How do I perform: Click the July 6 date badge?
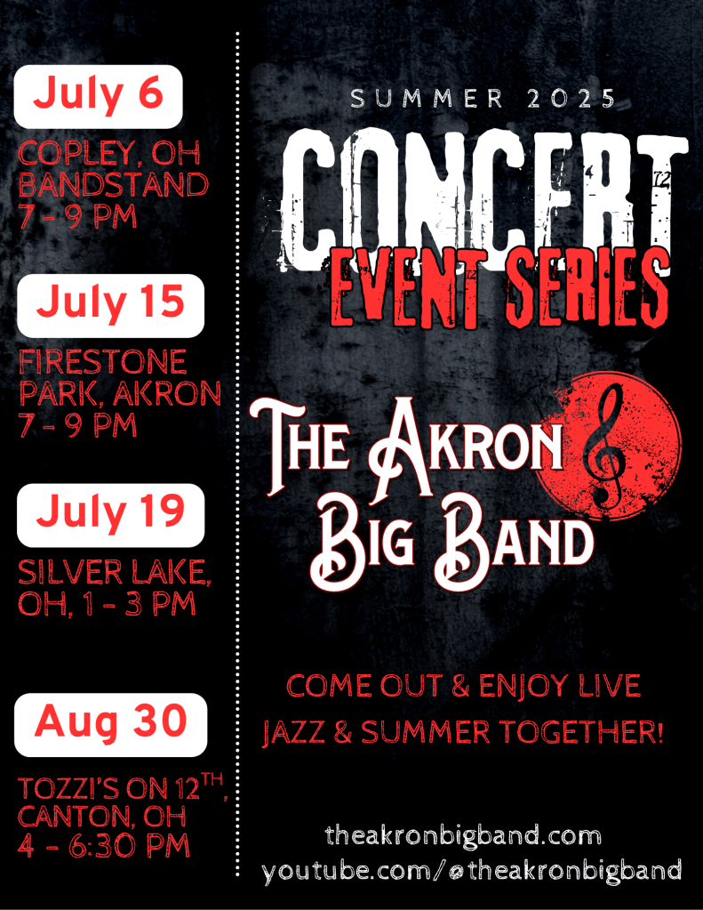tap(98, 95)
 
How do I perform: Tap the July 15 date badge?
tap(110, 304)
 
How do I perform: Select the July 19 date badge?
tap(110, 514)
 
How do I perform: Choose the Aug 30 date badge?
tap(111, 724)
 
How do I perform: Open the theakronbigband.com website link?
tap(463, 836)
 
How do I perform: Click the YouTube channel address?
tap(472, 870)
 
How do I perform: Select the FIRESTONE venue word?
tap(103, 362)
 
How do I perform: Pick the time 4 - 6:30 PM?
tap(104, 845)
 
